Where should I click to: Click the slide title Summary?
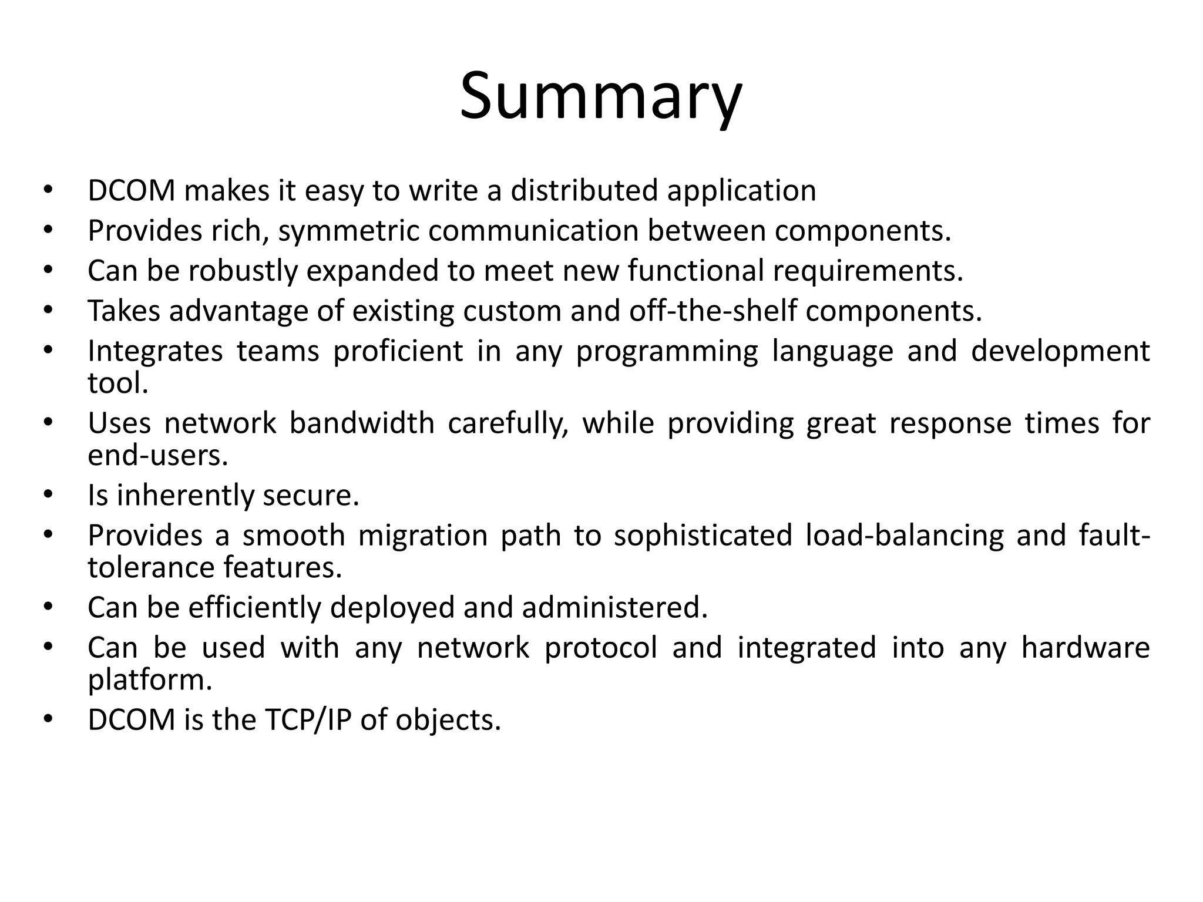pyautogui.click(x=601, y=97)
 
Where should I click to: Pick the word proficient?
pyautogui.click(x=398, y=351)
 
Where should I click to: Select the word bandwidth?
pyautogui.click(x=361, y=423)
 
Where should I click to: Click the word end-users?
pyautogui.click(x=157, y=455)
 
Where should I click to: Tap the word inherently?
pyautogui.click(x=184, y=495)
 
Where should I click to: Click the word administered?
pyautogui.click(x=614, y=608)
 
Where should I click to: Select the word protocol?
pyautogui.click(x=600, y=648)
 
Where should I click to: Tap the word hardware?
pyautogui.click(x=1085, y=648)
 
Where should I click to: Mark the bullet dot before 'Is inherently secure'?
pyautogui.click(x=48, y=494)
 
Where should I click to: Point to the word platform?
pyautogui.click(x=149, y=680)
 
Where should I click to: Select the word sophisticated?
pyautogui.click(x=703, y=536)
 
